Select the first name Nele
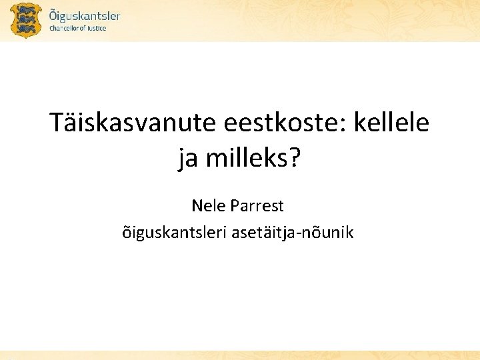pos(209,205)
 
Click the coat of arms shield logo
pos(26,20)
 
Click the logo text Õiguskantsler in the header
pos(85,15)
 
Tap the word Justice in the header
pos(96,29)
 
